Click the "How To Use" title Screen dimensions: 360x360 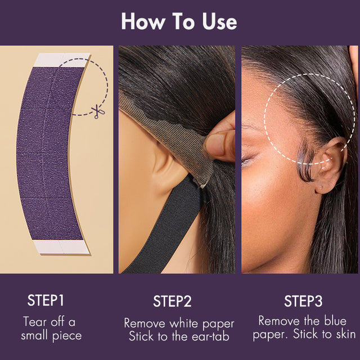(179, 21)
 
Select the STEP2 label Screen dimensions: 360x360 (172, 301)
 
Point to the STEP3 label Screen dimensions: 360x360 (303, 301)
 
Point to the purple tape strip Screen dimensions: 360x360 (49, 152)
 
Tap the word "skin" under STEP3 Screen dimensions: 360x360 (344, 335)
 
